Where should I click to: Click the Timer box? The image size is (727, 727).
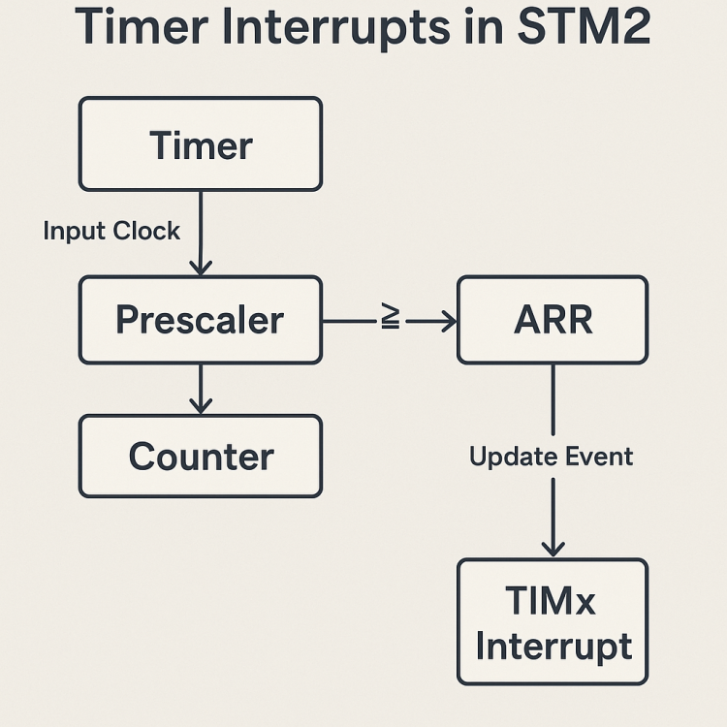[200, 144]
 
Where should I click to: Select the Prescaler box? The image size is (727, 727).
[200, 320]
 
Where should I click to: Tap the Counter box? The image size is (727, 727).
[200, 457]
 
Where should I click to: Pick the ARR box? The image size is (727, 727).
[552, 320]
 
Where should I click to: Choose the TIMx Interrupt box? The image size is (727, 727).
[552, 622]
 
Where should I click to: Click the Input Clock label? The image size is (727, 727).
[111, 231]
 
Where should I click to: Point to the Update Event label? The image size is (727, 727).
[551, 457]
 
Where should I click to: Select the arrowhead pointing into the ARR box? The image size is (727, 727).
[447, 321]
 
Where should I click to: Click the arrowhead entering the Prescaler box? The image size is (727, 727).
[201, 268]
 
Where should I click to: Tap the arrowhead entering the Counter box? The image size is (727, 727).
[201, 406]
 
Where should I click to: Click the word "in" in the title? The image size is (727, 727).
[472, 29]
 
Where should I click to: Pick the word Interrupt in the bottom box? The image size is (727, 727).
[553, 646]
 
